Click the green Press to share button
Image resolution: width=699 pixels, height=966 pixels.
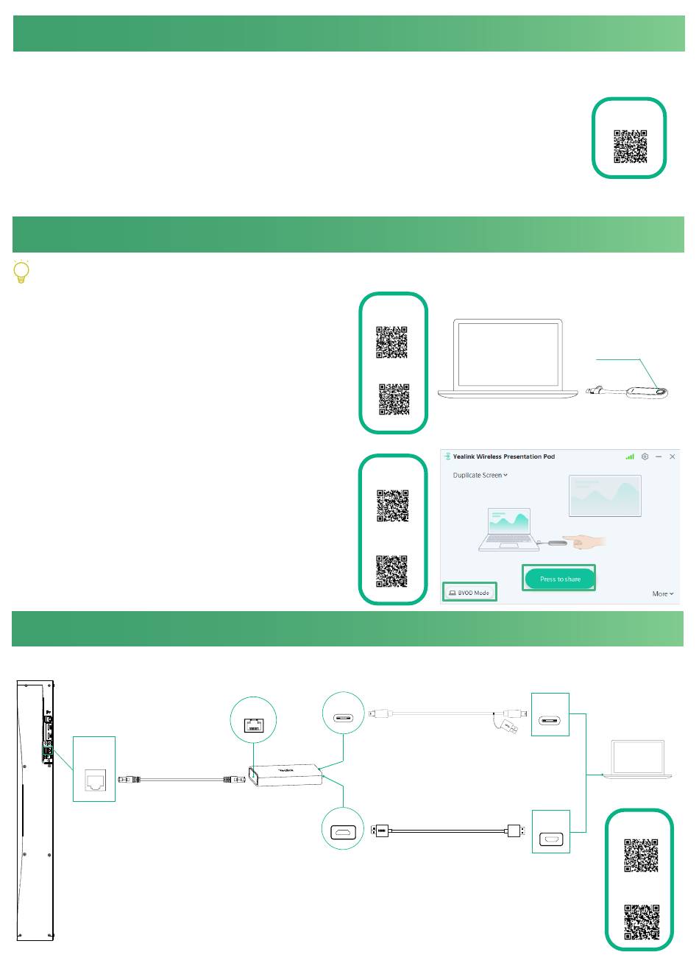559,579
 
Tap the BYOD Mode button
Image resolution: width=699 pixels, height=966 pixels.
469,592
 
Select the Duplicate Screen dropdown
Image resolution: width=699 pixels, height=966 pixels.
480,475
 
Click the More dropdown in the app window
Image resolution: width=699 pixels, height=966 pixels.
662,593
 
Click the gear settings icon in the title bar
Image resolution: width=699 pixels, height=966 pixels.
645,456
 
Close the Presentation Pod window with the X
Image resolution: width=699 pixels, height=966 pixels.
672,456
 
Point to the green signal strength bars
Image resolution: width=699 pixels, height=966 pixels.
630,456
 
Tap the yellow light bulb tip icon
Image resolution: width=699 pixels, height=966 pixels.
21,272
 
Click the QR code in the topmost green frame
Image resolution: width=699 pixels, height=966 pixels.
631,147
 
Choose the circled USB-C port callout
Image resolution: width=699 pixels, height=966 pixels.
343,713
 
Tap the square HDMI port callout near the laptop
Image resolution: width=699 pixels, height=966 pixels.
550,832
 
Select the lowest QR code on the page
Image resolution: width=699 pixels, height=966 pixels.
641,921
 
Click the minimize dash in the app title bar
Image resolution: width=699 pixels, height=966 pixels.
659,456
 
